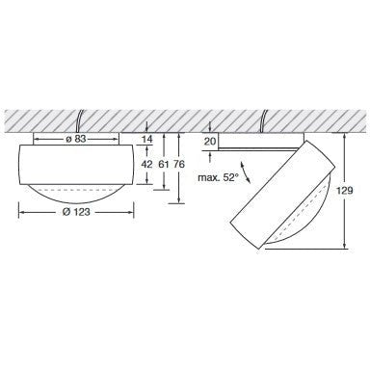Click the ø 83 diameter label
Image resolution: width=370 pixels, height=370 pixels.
(76, 140)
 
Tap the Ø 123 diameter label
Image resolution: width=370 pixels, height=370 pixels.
(76, 212)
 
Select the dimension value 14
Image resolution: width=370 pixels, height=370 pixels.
(146, 140)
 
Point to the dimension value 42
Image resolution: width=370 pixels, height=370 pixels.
(146, 164)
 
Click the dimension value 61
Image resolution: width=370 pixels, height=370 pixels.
(164, 164)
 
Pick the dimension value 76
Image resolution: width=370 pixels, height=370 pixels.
(179, 164)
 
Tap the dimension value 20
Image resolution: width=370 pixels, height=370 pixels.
(210, 141)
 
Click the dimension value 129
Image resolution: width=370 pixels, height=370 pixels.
(345, 191)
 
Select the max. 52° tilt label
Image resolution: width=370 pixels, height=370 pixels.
(218, 177)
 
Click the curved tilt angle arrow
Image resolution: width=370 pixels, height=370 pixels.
(245, 172)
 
